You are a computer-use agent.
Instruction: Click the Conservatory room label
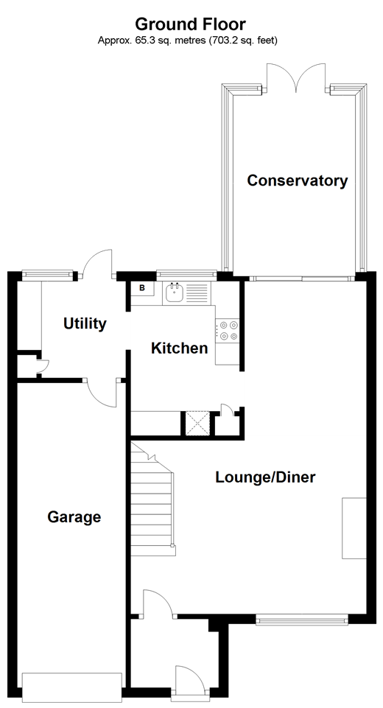pyautogui.click(x=297, y=180)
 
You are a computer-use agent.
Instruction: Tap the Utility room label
pyautogui.click(x=85, y=323)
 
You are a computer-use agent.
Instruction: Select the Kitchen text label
pyautogui.click(x=179, y=348)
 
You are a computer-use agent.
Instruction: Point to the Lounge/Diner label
pyautogui.click(x=265, y=477)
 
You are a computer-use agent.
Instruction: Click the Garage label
pyautogui.click(x=74, y=517)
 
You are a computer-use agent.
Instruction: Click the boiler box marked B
pyautogui.click(x=142, y=289)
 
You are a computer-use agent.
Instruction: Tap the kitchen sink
pyautogui.click(x=175, y=293)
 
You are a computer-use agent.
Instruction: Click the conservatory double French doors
pyautogui.click(x=296, y=77)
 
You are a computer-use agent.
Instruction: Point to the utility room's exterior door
pyautogui.click(x=96, y=265)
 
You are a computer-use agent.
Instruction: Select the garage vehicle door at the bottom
pyautogui.click(x=71, y=687)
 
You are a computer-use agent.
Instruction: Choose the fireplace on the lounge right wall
pyautogui.click(x=354, y=528)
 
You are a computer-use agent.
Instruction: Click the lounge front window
pyautogui.click(x=302, y=620)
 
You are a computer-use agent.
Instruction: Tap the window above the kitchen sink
pyautogui.click(x=183, y=275)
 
